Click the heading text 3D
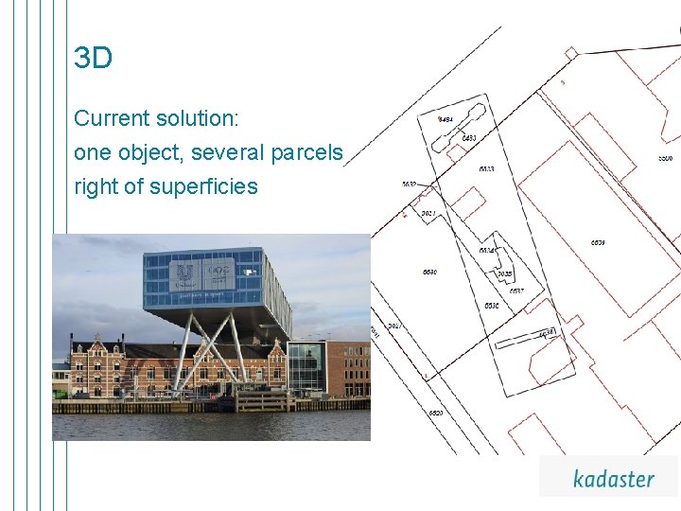[x=93, y=59]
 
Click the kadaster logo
[x=613, y=478]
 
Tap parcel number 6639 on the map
[x=598, y=242]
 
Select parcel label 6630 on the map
[x=430, y=273]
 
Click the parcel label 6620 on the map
[x=436, y=414]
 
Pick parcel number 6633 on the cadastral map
[x=486, y=169]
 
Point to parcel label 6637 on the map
[x=516, y=291]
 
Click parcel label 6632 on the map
[x=409, y=185]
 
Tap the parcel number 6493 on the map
[x=468, y=139]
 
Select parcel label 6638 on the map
[x=547, y=333]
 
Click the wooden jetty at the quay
[x=260, y=401]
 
